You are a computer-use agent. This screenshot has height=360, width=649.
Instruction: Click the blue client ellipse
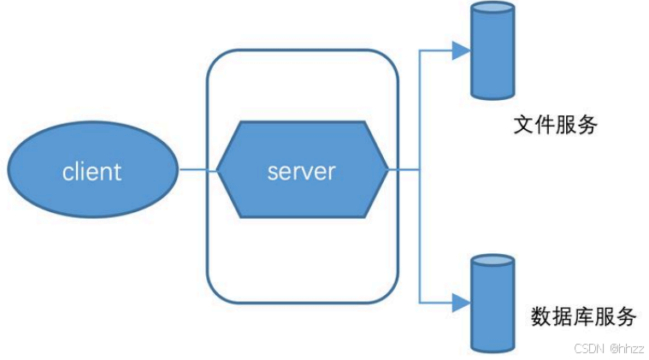pyautogui.click(x=93, y=169)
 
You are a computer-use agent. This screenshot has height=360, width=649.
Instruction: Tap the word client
pyautogui.click(x=91, y=171)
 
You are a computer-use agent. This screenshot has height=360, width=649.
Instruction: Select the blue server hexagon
pyautogui.click(x=303, y=169)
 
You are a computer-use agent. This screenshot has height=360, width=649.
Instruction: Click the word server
pyautogui.click(x=301, y=172)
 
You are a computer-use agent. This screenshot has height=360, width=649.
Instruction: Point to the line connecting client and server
pyautogui.click(x=198, y=169)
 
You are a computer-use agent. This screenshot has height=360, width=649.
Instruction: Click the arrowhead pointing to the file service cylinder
pyautogui.click(x=461, y=50)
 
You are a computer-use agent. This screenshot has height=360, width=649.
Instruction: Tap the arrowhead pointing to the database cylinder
pyautogui.click(x=461, y=303)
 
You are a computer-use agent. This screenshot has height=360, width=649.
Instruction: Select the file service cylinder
pyautogui.click(x=493, y=50)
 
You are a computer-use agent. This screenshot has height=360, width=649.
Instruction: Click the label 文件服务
pyautogui.click(x=555, y=125)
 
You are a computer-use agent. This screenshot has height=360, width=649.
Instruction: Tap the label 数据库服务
pyautogui.click(x=584, y=316)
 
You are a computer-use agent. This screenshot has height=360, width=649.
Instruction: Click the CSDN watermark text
pyautogui.click(x=589, y=348)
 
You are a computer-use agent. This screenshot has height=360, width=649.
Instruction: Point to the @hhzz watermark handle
pyautogui.click(x=627, y=348)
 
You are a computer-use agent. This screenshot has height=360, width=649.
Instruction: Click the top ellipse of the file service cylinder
pyautogui.click(x=493, y=8)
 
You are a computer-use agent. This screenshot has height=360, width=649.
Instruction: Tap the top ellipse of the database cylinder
pyautogui.click(x=493, y=261)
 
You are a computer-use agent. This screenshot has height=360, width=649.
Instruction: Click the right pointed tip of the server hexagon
pyautogui.click(x=389, y=169)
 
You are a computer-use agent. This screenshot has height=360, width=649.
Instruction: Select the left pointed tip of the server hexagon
pyautogui.click(x=217, y=169)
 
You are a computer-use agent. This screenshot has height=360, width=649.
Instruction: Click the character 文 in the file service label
pyautogui.click(x=524, y=125)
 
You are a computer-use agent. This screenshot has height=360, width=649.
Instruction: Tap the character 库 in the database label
pyautogui.click(x=584, y=316)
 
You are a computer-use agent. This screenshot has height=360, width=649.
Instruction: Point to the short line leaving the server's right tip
pyautogui.click(x=404, y=169)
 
